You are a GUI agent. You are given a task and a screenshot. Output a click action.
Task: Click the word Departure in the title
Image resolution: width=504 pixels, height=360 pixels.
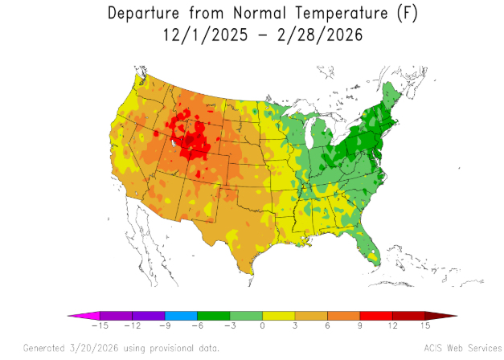143,14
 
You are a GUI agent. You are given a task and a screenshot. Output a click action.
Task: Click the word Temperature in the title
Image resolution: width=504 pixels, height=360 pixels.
342,14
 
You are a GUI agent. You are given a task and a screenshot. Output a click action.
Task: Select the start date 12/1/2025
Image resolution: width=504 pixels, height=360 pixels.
206,35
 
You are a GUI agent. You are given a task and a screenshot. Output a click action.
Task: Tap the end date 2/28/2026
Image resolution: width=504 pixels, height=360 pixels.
320,35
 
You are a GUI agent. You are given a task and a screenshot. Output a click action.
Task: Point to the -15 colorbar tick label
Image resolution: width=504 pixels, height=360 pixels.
100,325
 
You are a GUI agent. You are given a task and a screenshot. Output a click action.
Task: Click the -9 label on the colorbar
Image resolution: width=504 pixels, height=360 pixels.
165,325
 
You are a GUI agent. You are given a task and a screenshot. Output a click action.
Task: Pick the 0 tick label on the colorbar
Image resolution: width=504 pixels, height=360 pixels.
262,325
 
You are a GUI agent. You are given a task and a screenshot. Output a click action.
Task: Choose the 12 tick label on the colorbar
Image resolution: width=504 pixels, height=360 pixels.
392,325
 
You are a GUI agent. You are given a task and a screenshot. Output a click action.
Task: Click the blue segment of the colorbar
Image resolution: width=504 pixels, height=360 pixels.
181,316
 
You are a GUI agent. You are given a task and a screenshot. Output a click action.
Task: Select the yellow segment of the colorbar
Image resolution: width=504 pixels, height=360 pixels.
279,316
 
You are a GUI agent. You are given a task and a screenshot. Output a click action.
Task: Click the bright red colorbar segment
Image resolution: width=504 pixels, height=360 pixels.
376,316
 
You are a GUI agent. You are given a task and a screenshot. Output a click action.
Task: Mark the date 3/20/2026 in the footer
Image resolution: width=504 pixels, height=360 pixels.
93,348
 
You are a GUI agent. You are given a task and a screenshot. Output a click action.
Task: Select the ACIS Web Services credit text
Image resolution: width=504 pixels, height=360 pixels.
462,348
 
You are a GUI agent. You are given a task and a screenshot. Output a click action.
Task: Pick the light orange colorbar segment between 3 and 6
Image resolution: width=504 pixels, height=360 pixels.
311,316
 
